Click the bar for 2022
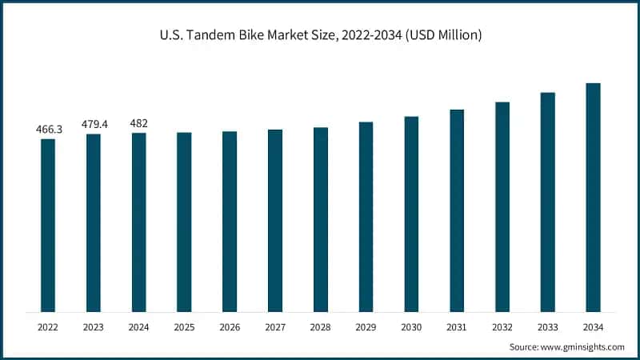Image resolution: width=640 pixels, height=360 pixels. click(x=48, y=225)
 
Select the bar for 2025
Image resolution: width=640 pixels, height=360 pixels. click(x=184, y=222)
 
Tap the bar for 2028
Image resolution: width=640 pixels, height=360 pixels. click(x=321, y=219)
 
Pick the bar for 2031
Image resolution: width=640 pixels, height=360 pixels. click(x=457, y=210)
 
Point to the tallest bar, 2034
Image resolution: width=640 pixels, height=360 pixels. click(x=593, y=197)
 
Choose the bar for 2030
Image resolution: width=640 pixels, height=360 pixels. click(x=411, y=214)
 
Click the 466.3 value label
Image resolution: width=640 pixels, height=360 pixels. click(x=48, y=129)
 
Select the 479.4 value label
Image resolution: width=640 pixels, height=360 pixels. click(x=94, y=124)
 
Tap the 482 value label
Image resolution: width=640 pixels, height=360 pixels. click(x=139, y=123)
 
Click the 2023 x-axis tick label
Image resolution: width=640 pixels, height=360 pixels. click(x=94, y=327)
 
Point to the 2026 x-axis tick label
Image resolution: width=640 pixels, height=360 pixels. click(x=230, y=327)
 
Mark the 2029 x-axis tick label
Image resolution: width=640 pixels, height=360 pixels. click(x=366, y=327)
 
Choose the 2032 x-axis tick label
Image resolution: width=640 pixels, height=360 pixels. click(x=502, y=327)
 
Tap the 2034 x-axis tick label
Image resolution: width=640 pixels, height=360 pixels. click(x=593, y=327)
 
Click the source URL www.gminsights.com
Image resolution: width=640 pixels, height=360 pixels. click(x=582, y=347)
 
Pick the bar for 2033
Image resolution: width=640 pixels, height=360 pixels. click(x=547, y=202)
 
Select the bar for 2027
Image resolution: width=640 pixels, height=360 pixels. click(x=275, y=220)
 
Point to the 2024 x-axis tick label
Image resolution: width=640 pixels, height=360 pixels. click(x=139, y=327)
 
